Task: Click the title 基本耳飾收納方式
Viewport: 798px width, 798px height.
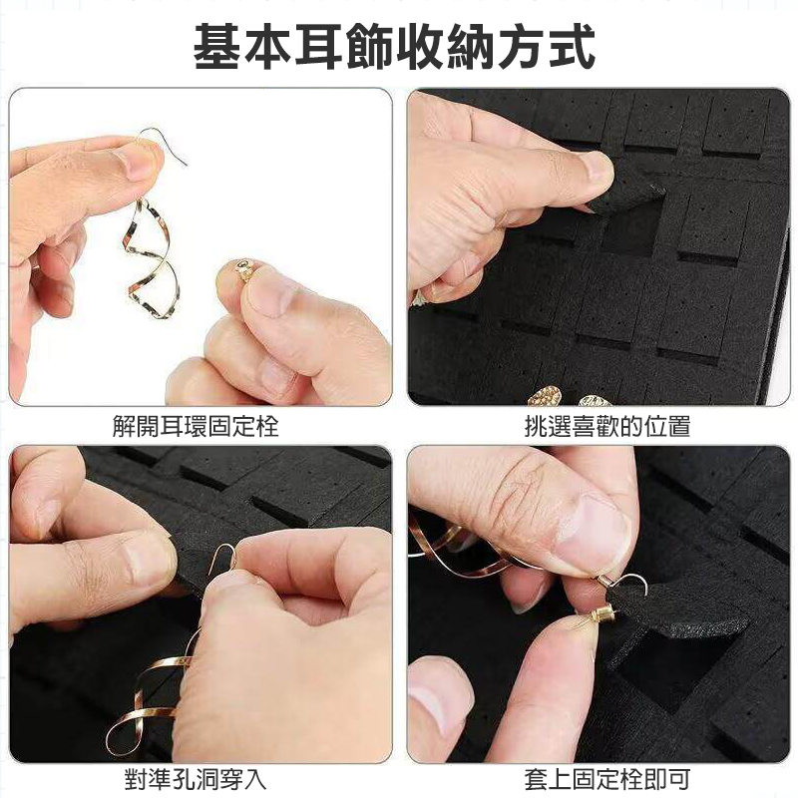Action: (394, 47)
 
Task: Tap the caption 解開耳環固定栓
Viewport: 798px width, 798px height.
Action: (196, 426)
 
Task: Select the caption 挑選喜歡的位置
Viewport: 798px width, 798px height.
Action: (607, 426)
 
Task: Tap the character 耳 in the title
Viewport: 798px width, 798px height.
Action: (318, 47)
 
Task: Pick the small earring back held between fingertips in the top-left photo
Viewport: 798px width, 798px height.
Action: (243, 269)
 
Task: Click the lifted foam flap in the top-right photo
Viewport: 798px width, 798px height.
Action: (628, 193)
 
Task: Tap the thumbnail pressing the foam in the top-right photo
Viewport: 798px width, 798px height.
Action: (597, 168)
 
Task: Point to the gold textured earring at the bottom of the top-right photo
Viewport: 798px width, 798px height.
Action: (546, 396)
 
